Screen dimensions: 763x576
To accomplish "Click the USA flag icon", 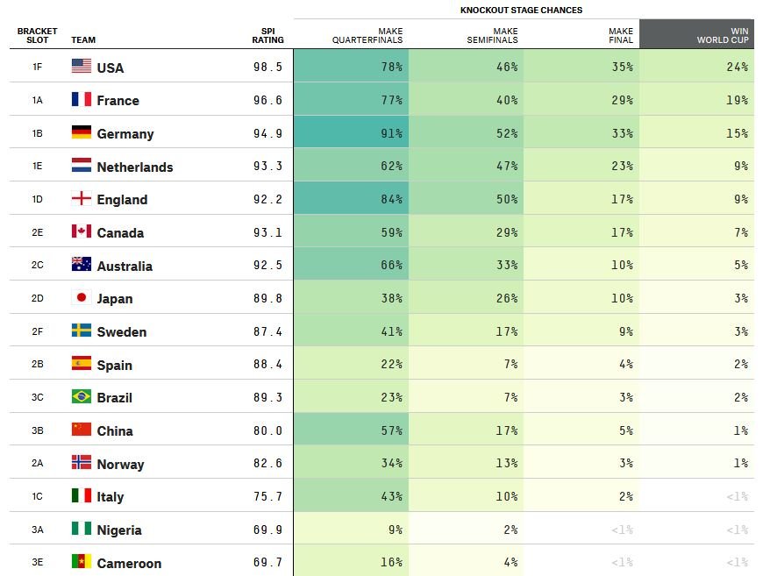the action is pos(82,66).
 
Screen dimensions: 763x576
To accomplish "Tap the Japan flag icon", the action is pos(82,297).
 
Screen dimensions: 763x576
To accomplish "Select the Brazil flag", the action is pos(82,396).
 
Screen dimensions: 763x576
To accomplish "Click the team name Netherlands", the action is pos(135,167).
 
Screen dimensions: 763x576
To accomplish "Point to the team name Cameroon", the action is pos(129,564).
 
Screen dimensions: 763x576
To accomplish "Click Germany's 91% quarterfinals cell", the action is pos(351,132).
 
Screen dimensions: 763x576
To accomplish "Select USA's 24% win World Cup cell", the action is pos(697,66).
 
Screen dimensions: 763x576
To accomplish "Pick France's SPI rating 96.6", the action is pos(267,100).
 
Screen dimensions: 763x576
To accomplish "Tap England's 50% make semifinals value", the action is pos(507,199).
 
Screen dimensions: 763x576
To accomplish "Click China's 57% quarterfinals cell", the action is pos(351,430).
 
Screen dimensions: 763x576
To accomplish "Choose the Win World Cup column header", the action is pos(723,36).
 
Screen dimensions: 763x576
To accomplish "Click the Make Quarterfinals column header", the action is pos(367,36).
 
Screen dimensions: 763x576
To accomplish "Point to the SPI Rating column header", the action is pos(267,36).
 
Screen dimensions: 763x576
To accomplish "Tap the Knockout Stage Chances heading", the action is pos(521,11).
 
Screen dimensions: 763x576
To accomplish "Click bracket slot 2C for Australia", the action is pos(38,265).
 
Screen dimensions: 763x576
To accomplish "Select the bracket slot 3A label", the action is pos(38,530).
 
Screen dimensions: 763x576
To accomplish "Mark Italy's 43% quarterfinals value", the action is pos(392,496).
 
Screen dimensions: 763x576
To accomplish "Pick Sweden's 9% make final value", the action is pos(626,331).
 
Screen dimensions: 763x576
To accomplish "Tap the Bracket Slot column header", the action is pos(38,36).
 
